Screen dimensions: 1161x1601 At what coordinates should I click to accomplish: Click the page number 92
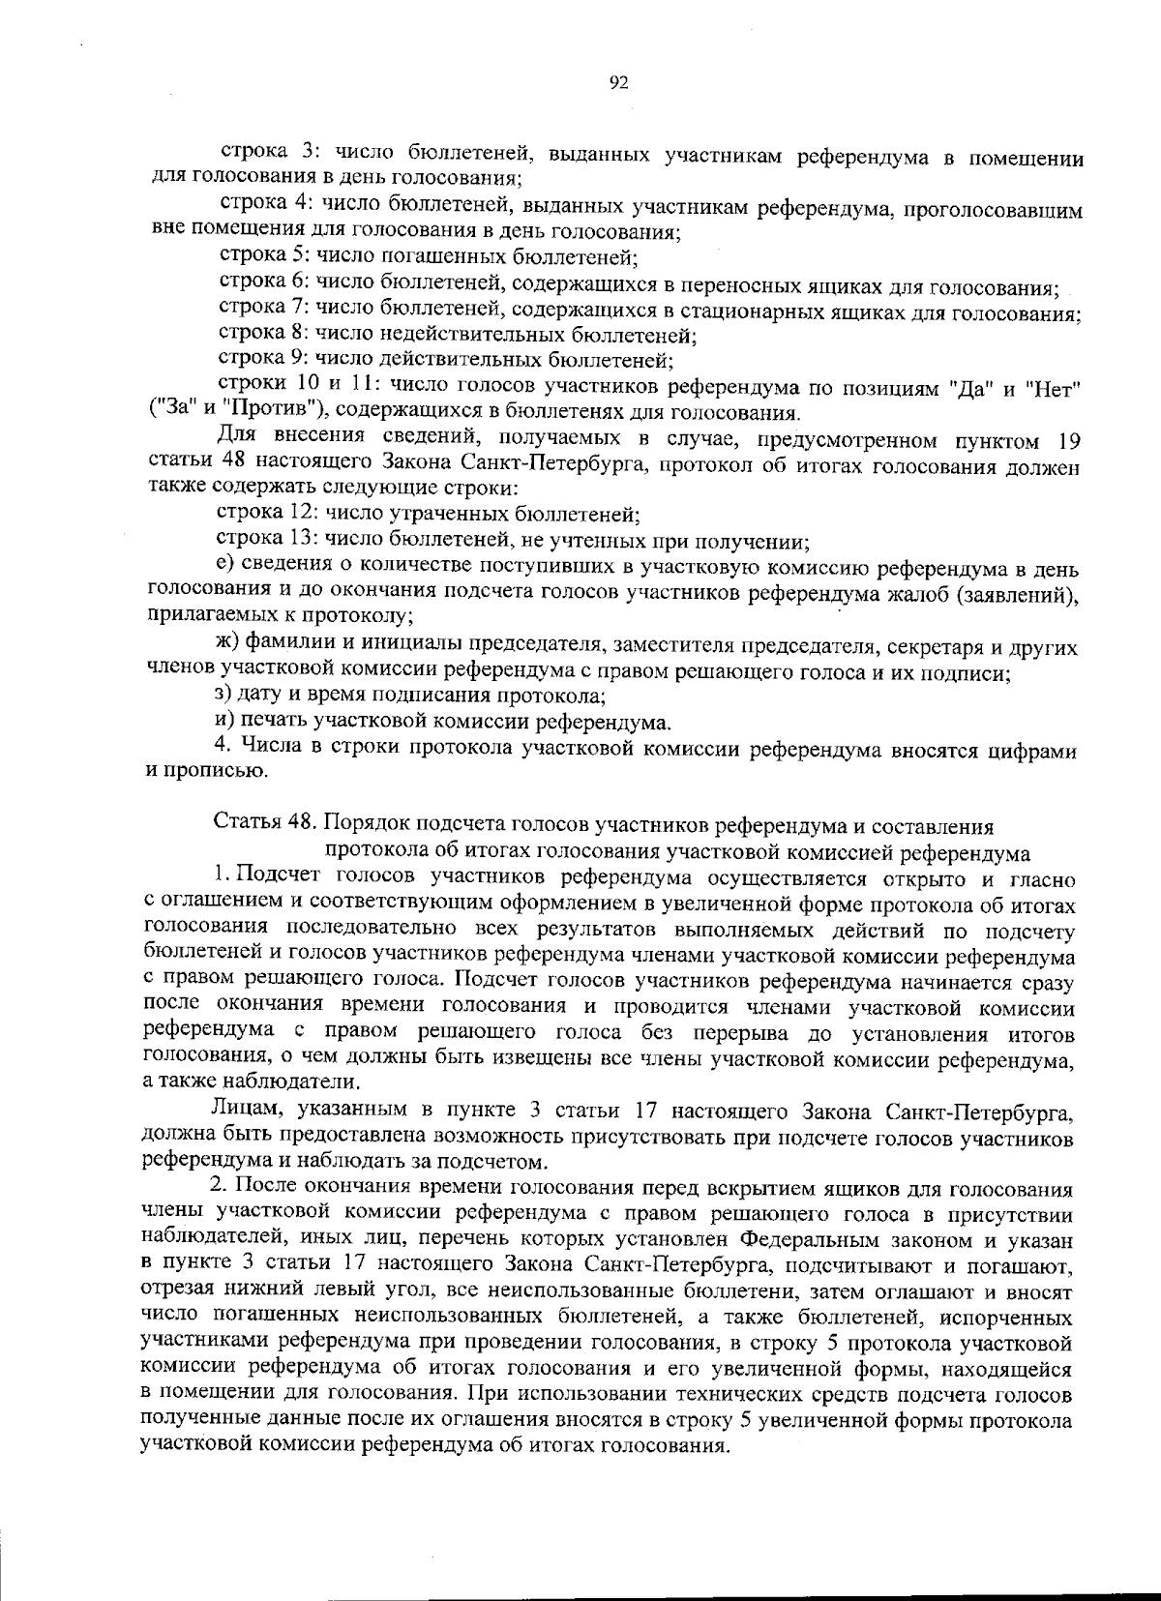pyautogui.click(x=620, y=83)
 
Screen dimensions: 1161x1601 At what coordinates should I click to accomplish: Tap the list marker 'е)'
pyautogui.click(x=223, y=565)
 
